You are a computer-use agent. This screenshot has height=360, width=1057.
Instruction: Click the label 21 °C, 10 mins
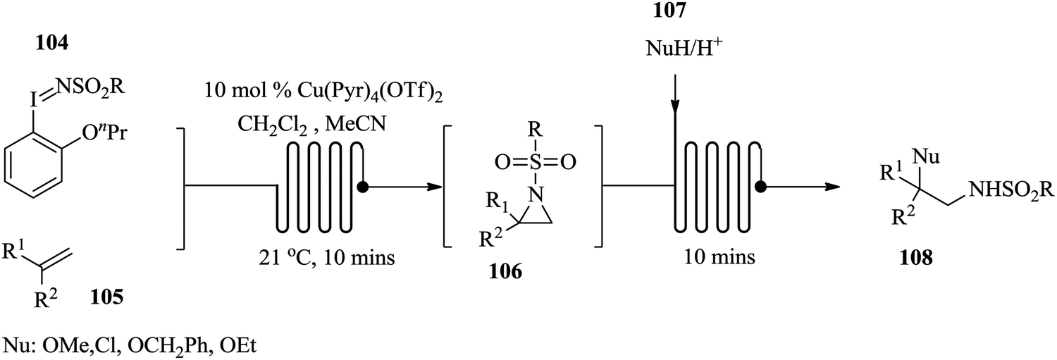pos(326,258)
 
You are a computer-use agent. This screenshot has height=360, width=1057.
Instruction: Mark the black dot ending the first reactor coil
pos(363,187)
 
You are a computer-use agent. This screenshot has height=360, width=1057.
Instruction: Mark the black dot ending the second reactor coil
pos(761,187)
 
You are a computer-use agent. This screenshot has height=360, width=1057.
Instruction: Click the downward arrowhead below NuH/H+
pos(675,108)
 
